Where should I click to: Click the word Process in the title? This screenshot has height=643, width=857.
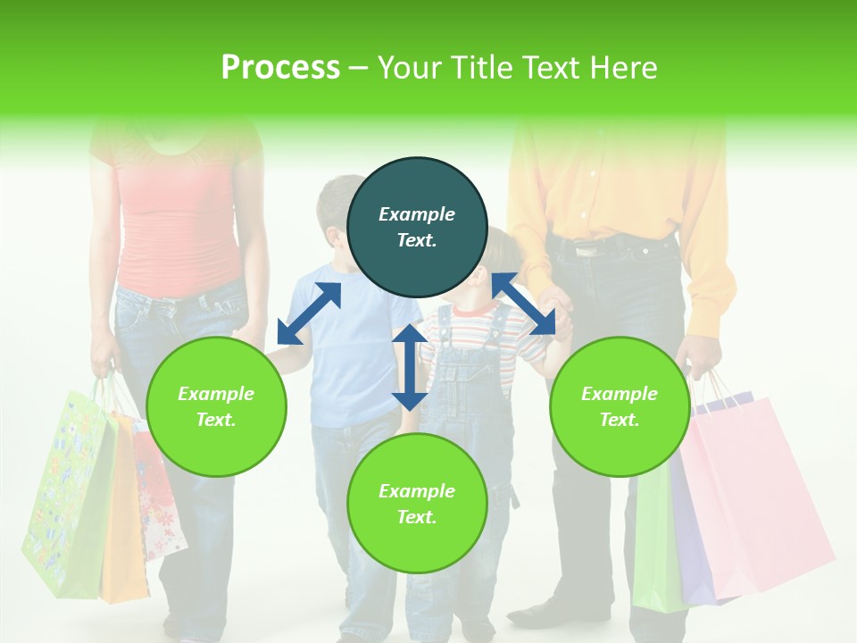(280, 68)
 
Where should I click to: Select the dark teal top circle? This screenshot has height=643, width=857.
(417, 227)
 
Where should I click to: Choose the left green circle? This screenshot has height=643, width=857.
(216, 406)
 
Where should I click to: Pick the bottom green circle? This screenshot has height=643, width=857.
(417, 504)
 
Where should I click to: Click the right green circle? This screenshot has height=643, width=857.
(620, 406)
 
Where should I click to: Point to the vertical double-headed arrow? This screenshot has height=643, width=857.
(409, 367)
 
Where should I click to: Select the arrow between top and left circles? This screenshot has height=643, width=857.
(309, 313)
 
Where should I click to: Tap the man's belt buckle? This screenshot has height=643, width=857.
(587, 250)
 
